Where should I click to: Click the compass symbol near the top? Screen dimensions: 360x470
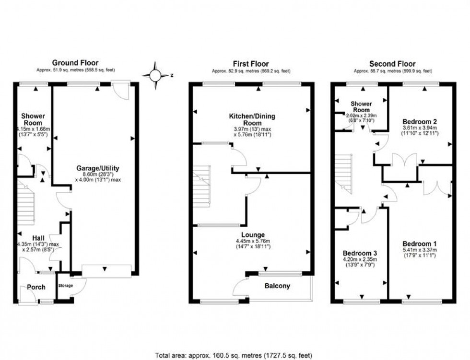coord(155,75)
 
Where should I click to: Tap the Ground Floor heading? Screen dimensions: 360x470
coord(75,63)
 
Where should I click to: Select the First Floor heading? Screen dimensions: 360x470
coord(251,64)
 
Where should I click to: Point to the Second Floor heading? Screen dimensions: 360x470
coord(392,64)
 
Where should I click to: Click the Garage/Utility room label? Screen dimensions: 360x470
coord(97,168)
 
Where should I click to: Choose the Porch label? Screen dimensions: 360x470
coord(36,287)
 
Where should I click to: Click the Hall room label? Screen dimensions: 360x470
coord(39,238)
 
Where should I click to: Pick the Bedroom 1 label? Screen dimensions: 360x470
coord(420,243)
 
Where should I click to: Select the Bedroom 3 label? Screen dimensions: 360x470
coord(359,253)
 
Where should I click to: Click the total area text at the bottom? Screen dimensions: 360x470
coord(234,355)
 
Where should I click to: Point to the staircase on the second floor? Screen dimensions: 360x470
coord(344,174)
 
